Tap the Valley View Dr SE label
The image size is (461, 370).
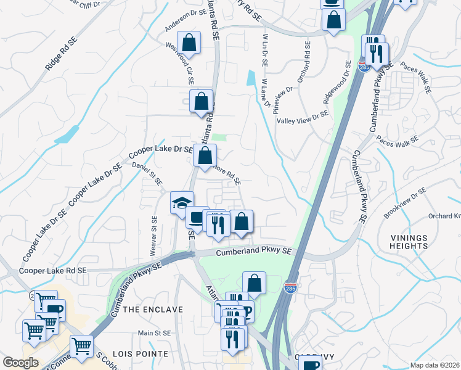303,117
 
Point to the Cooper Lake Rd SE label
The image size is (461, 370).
53,270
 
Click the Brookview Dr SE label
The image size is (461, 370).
405,203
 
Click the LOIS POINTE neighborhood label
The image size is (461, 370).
145,353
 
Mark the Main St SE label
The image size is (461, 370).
153,332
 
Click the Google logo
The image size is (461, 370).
20,363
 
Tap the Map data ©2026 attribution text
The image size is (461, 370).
434,365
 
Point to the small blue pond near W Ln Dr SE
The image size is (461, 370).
251,78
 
